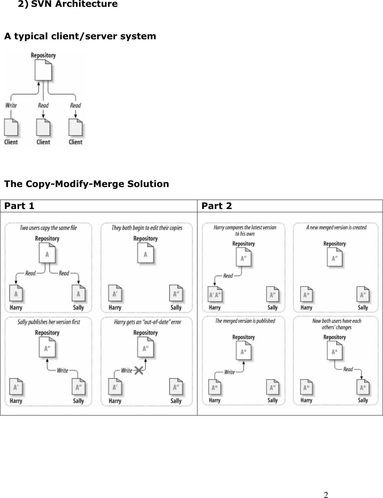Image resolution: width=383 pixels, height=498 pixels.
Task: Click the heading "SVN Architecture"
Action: pos(74,4)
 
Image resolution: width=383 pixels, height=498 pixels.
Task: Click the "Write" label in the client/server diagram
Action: pos(11,105)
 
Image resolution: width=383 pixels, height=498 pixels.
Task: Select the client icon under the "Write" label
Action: pos(11,127)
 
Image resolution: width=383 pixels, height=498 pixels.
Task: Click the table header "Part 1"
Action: pos(19,206)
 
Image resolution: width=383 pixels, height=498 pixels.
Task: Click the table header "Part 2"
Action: pos(217,206)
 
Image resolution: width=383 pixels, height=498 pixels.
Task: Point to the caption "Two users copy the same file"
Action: pos(48,228)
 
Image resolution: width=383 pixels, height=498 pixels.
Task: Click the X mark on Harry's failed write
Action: pos(138,370)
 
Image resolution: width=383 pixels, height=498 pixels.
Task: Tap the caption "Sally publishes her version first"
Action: pos(49,322)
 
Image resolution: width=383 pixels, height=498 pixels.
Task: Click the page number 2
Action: pos(326,494)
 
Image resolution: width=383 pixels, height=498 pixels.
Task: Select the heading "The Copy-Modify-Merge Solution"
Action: pos(86,184)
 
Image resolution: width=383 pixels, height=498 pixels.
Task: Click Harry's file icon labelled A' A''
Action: pos(215,295)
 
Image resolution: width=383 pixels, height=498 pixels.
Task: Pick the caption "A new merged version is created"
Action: pos(336,227)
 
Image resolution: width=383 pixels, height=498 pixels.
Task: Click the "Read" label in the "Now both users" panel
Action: pos(348,369)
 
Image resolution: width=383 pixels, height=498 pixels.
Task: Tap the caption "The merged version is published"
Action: pos(245,321)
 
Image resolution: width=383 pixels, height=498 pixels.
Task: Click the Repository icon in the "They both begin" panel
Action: pos(146,254)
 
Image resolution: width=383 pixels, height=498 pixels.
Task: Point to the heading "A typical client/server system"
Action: pos(80,36)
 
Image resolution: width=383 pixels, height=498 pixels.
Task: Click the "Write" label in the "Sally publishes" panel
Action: pos(62,370)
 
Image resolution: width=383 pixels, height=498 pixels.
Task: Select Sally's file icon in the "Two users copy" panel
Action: pos(78,293)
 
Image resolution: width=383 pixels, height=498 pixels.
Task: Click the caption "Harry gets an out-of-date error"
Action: pos(148,322)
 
